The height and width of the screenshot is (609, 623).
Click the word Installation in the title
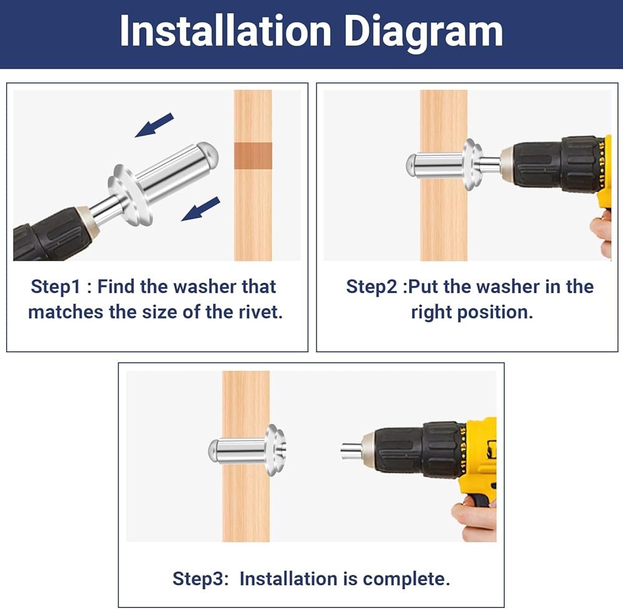coord(226,31)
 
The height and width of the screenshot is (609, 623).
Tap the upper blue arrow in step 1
coord(154,125)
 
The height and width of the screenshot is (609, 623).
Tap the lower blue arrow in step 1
coord(200,209)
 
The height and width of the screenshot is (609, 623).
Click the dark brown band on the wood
coord(253,156)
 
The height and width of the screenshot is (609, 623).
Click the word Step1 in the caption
coord(56,287)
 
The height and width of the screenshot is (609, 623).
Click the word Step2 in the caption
coord(371,287)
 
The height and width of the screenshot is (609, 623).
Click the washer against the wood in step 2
coord(472,164)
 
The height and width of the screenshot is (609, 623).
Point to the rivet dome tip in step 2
coord(411,165)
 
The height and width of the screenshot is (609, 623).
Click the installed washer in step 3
coord(276,450)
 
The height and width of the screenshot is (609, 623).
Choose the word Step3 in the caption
coord(201,579)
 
